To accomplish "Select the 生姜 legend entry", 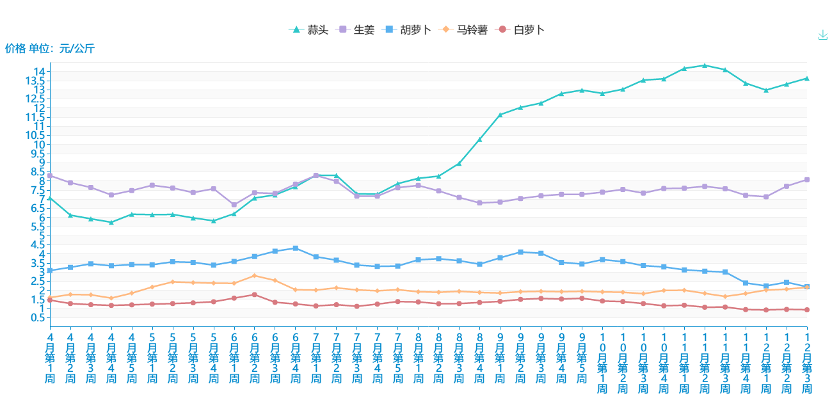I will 357,29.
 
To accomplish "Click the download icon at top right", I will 823,35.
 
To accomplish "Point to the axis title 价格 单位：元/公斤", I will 50,48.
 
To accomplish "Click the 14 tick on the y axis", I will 40,71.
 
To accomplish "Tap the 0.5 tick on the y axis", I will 37,317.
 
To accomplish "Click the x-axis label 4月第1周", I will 50,357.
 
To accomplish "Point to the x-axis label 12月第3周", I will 807,362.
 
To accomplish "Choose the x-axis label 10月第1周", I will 602,362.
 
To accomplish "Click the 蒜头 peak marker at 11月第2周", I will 705,65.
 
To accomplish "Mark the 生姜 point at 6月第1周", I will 234,205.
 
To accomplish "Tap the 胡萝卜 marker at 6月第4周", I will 296,248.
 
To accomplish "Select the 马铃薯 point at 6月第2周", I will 255,276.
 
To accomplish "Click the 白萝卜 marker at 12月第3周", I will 807,310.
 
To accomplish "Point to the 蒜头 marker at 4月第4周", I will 111,222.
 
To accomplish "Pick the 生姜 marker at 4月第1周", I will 50,175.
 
